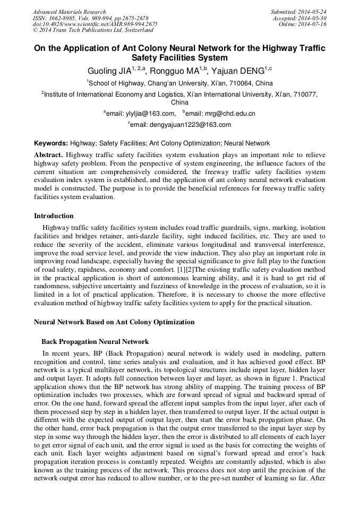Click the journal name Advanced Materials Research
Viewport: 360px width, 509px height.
[69, 12]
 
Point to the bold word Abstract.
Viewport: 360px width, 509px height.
[48, 154]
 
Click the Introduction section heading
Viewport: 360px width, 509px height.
[54, 216]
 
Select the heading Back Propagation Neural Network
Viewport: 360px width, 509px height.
[95, 342]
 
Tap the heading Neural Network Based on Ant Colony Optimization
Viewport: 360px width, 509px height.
[114, 322]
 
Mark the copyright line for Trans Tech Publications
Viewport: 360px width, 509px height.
[93, 31]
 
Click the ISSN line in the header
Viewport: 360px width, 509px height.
[90, 18]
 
